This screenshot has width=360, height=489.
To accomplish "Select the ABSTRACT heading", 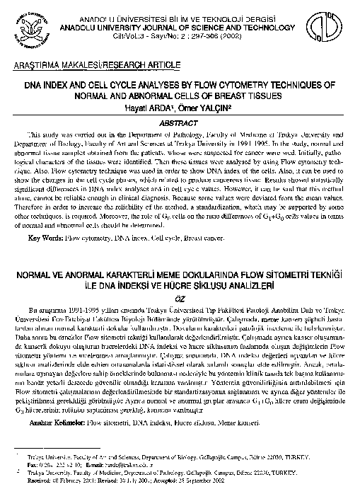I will (x=179, y=122).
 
